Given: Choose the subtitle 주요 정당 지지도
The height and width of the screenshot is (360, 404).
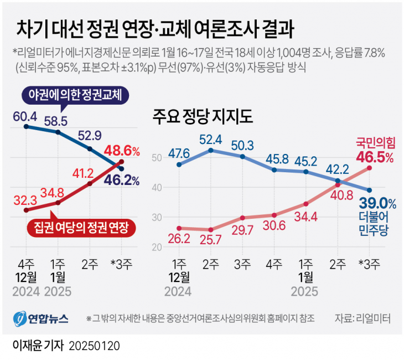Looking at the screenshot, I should pyautogui.click(x=202, y=117).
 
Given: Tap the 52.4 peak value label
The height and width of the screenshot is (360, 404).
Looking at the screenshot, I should pyautogui.click(x=211, y=139).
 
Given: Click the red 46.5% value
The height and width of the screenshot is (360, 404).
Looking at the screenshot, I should pyautogui.click(x=374, y=158).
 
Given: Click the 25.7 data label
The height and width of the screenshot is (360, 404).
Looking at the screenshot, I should pyautogui.click(x=211, y=239).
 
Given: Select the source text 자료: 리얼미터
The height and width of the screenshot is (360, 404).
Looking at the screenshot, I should pyautogui.click(x=362, y=318).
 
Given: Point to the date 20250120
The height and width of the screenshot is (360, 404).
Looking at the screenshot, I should pyautogui.click(x=95, y=346).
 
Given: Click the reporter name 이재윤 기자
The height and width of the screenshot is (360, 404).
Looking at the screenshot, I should pyautogui.click(x=37, y=345).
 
